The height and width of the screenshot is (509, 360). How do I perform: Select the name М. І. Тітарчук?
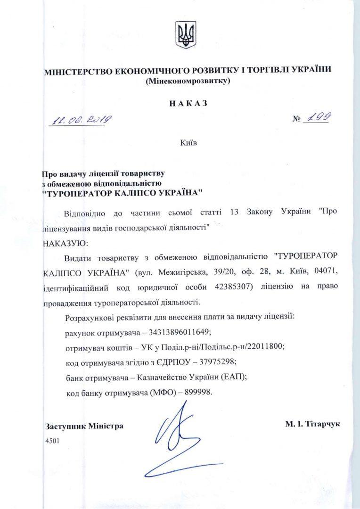click(312, 424)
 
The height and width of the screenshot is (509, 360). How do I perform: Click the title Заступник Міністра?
click(84, 426)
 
